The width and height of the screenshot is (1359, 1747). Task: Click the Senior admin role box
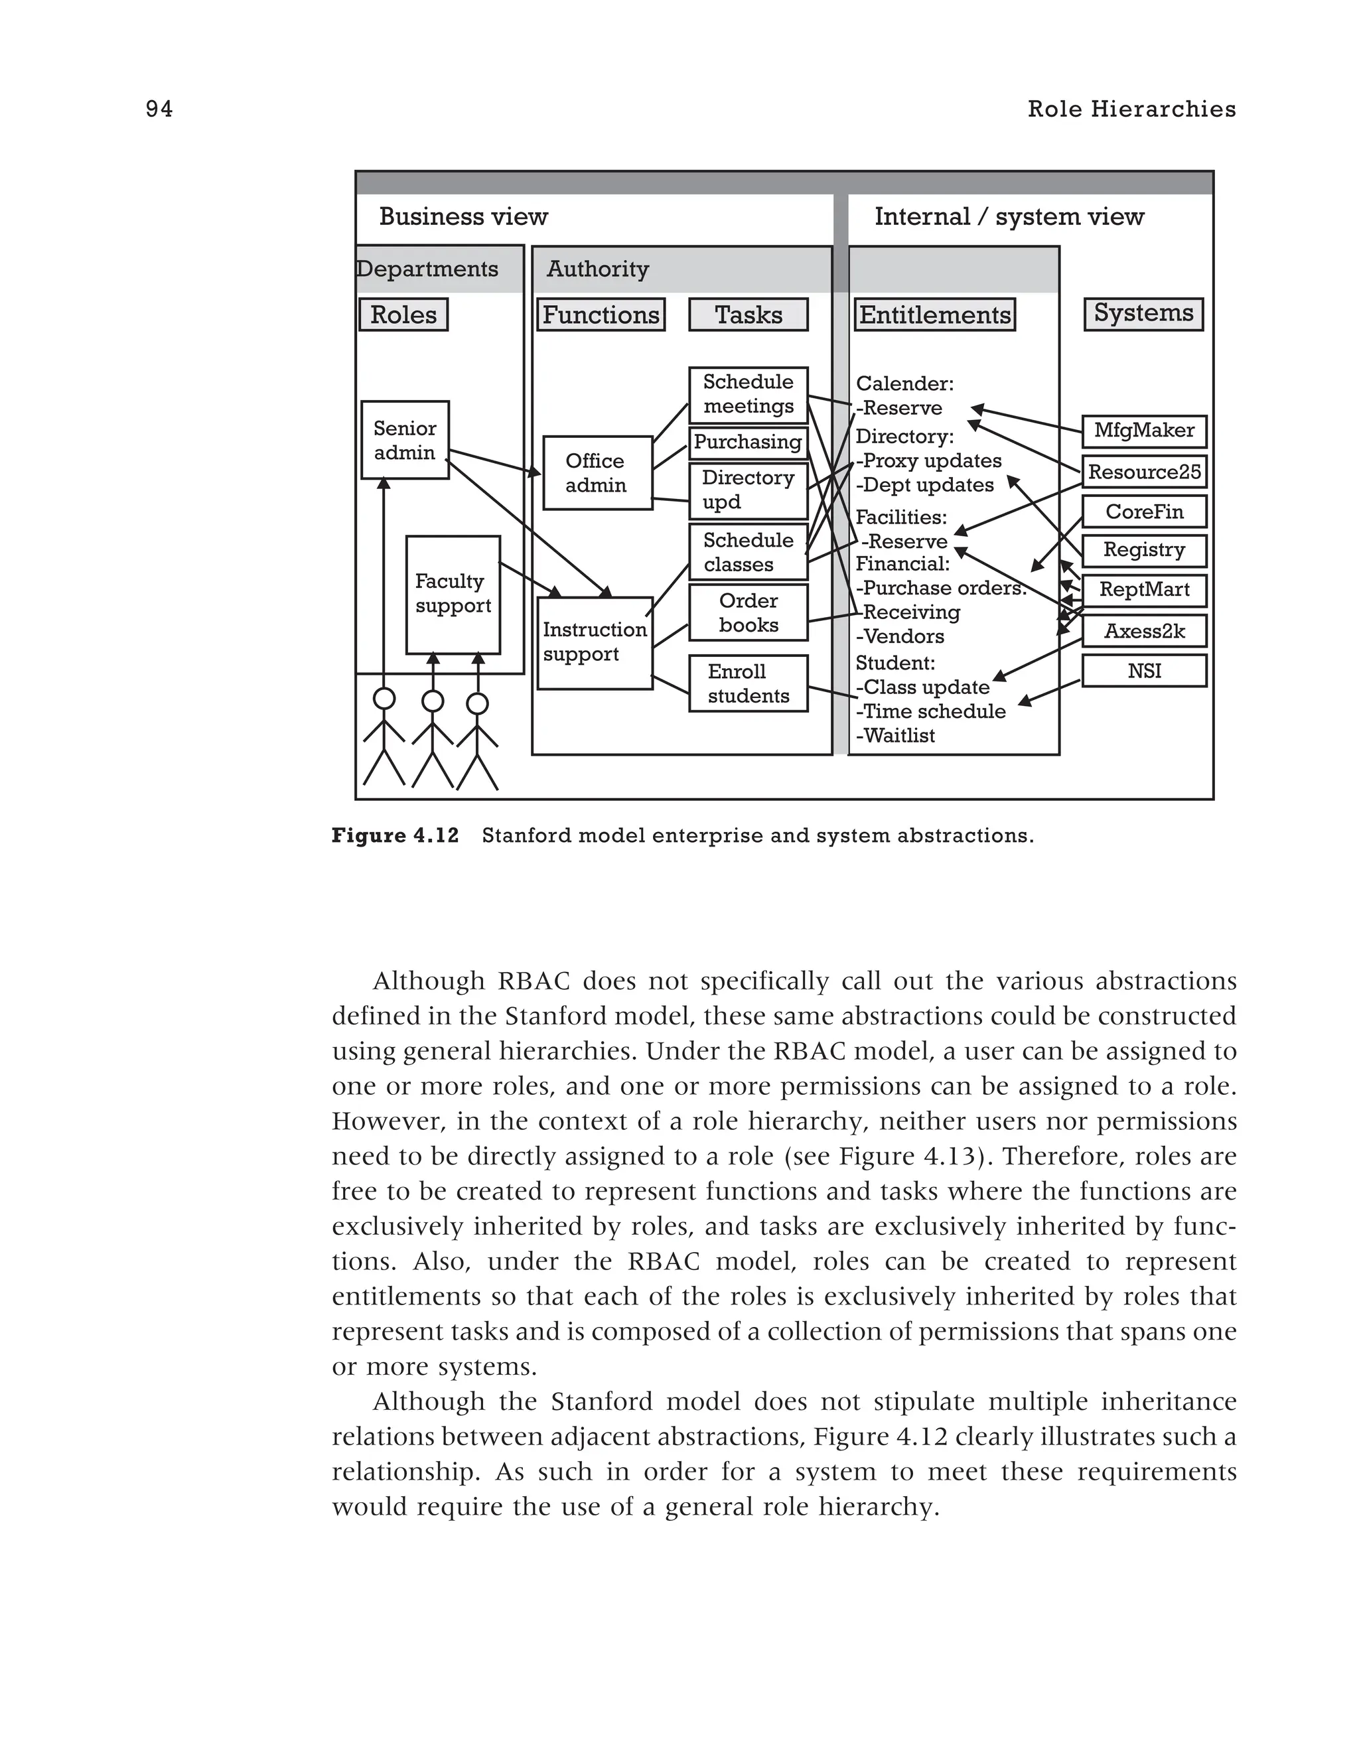pos(405,440)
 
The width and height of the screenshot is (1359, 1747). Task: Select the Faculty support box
pos(453,594)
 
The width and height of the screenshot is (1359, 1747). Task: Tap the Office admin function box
pos(597,473)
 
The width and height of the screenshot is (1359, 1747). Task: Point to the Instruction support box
pos(595,642)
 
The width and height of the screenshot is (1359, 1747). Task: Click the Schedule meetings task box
pos(748,394)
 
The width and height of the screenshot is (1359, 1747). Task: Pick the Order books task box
pos(748,612)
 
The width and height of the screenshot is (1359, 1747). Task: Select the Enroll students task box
pos(748,684)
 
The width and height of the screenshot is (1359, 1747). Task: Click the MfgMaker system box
pos(1144,431)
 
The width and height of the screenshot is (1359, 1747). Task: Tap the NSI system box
pos(1144,671)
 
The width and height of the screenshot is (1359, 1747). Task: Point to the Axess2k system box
pos(1144,631)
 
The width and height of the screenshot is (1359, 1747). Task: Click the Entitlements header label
pos(934,314)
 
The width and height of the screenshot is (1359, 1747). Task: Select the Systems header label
pos(1143,313)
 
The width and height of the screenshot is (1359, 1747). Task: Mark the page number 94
pos(159,109)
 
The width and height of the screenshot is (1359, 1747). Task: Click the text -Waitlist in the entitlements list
pos(895,736)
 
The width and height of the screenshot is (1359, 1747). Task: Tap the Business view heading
pos(463,217)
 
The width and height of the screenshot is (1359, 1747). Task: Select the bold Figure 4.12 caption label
pos(395,836)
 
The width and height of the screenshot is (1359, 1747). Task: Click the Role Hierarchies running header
pos(1131,109)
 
